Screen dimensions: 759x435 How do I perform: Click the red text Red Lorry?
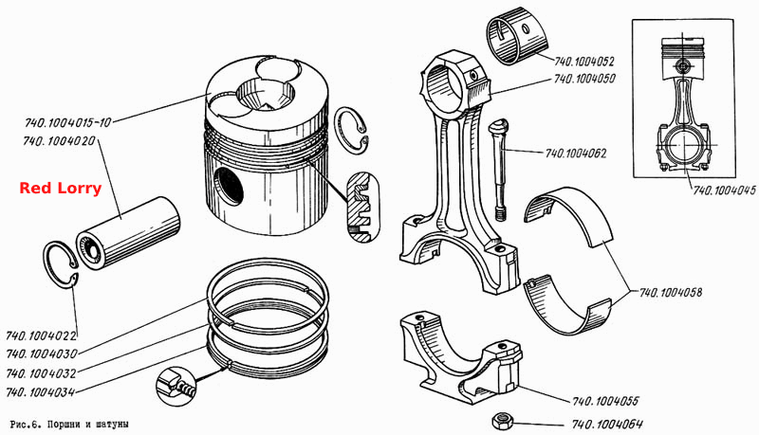(61, 188)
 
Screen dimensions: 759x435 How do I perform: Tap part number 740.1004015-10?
(68, 122)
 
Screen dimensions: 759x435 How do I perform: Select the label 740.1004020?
(59, 141)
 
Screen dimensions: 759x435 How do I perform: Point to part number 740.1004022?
(41, 335)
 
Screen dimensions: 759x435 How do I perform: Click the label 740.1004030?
(42, 353)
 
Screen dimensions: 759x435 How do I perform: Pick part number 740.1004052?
(584, 62)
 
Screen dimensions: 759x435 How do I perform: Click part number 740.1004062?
(576, 154)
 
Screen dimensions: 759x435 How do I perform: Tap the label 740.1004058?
(671, 293)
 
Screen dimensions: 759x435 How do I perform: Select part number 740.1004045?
(724, 190)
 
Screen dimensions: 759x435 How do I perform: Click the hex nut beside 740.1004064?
(501, 422)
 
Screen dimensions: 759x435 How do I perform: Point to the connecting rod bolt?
(500, 171)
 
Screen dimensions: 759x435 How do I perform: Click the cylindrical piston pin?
(128, 233)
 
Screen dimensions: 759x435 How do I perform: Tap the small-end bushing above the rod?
(517, 36)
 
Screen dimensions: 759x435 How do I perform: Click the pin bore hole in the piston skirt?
(228, 186)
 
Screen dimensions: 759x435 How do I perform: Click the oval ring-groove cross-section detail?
(363, 208)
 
